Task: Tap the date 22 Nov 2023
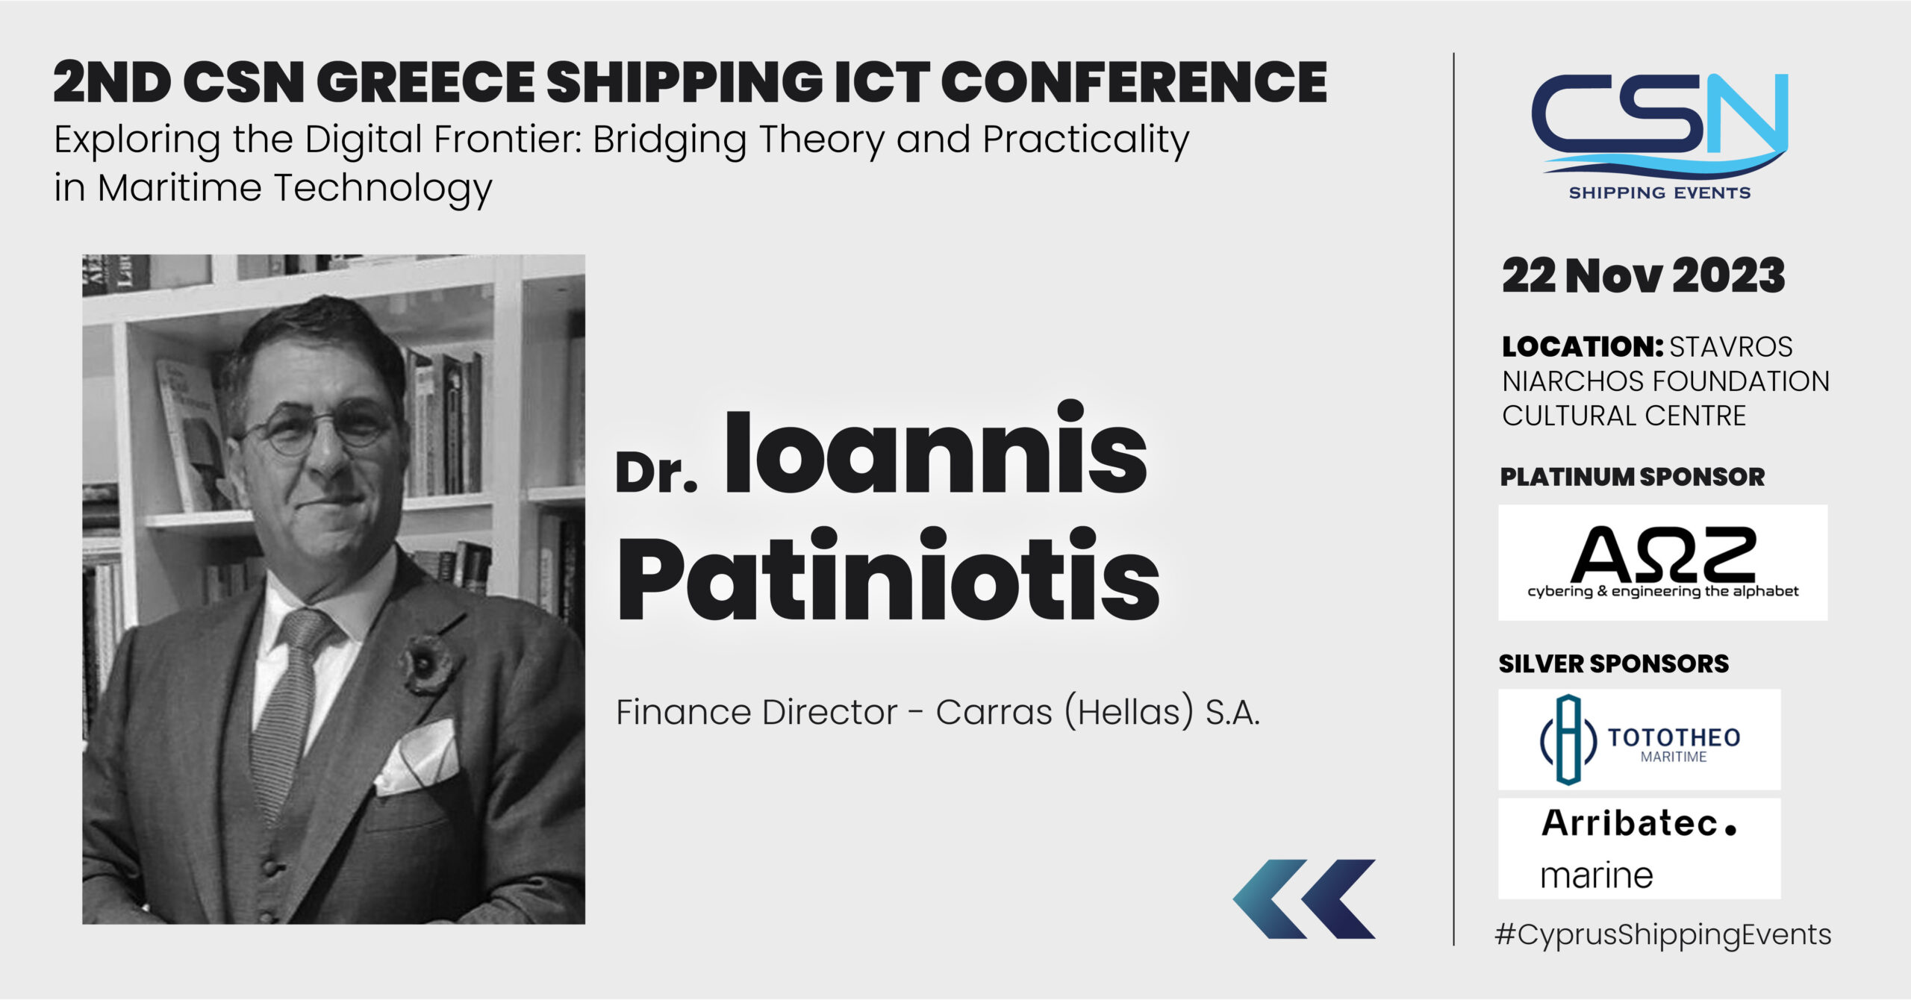click(x=1643, y=276)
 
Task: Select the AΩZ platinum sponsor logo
click(x=1662, y=562)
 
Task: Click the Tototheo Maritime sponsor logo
click(x=1639, y=739)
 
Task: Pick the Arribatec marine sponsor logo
click(x=1639, y=849)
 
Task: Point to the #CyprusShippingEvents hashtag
click(x=1662, y=935)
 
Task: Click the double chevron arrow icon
click(x=1303, y=899)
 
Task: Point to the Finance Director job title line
click(x=938, y=712)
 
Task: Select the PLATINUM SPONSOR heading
click(x=1633, y=477)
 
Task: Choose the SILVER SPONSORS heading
click(x=1614, y=663)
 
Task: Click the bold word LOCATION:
click(x=1583, y=346)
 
